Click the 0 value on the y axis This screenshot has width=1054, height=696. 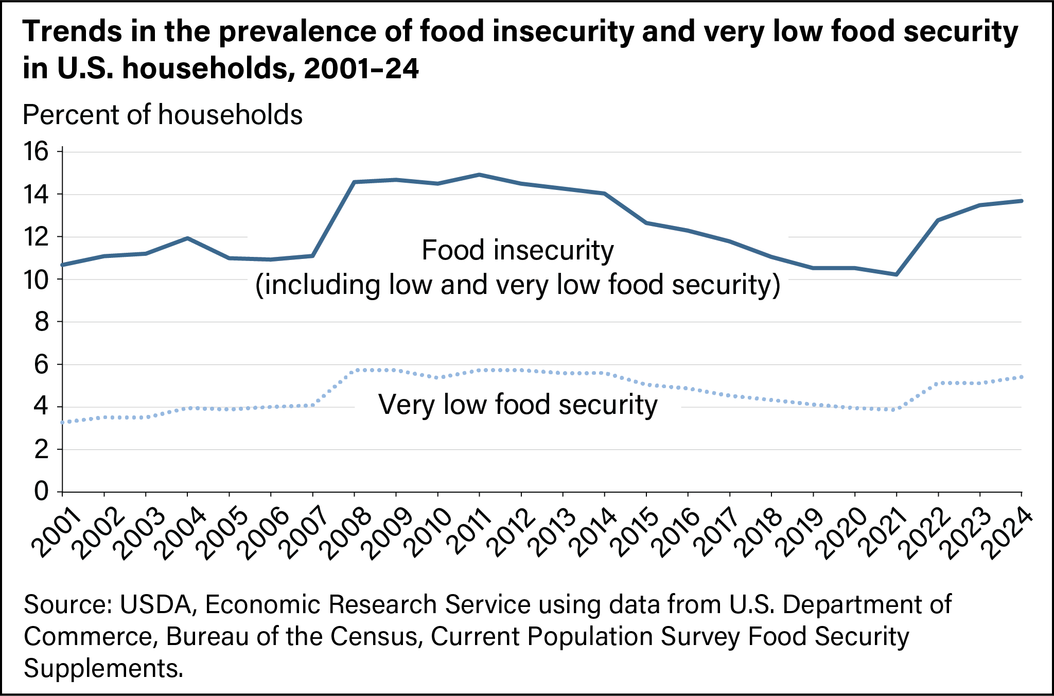41,492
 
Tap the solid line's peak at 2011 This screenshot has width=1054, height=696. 479,175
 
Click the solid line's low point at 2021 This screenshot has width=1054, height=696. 897,274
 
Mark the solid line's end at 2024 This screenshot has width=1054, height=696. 1021,201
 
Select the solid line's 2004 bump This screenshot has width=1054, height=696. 187,238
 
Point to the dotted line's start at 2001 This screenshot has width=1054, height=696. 63,422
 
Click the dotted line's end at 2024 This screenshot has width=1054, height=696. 1021,377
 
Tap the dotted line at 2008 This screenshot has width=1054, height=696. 355,370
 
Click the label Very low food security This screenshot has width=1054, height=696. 518,405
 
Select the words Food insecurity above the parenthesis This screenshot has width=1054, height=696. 518,251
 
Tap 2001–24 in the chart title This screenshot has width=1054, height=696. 362,68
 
